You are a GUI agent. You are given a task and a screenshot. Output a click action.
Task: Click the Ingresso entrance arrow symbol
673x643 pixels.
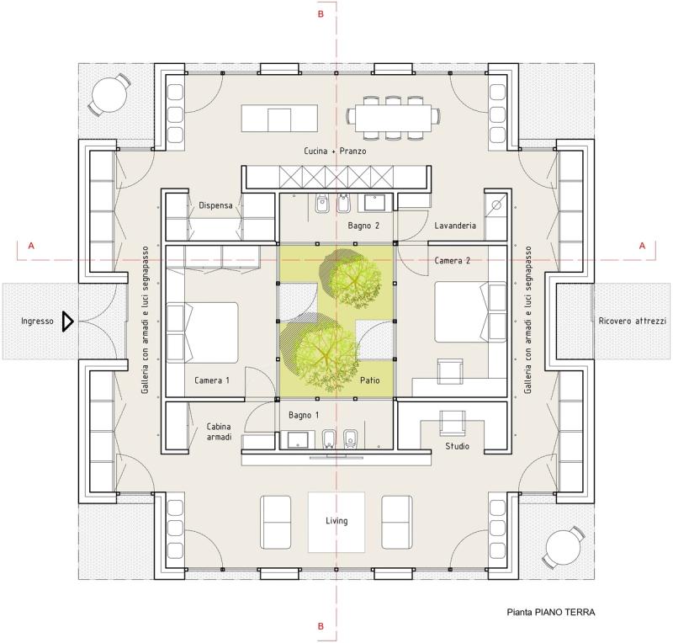coord(68,321)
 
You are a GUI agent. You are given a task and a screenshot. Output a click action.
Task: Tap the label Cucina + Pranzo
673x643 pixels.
coord(335,151)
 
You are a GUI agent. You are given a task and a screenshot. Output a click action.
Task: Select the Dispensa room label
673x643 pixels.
coord(215,205)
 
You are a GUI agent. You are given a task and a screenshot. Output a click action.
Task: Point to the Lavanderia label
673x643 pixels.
coord(455,226)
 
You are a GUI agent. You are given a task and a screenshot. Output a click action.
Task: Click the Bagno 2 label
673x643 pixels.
coord(363,226)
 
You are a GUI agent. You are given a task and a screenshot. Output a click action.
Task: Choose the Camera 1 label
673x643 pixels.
coord(212,380)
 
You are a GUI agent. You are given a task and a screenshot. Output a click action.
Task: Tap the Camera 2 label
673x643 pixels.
coord(452,261)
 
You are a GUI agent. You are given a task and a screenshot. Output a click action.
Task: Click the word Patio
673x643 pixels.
coord(370,380)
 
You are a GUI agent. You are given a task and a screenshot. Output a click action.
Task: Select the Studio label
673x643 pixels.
coord(457,446)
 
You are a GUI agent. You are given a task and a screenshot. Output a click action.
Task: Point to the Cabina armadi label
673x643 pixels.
coord(219,432)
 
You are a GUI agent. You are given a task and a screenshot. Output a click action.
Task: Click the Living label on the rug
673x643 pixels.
coord(336,521)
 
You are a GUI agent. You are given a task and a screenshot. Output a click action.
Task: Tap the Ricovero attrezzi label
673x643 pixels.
coord(633,321)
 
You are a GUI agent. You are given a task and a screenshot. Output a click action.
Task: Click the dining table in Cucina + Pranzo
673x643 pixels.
coord(393,118)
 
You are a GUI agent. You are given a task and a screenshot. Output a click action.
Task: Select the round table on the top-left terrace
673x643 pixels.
coord(109,95)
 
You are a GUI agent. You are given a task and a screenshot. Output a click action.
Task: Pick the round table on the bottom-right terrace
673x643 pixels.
coord(563,548)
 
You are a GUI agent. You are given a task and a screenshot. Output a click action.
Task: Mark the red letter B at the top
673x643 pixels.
coord(321,14)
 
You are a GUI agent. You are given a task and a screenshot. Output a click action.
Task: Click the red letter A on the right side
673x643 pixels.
coord(642,246)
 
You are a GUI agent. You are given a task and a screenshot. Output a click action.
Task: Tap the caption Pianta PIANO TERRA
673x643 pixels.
coord(551,613)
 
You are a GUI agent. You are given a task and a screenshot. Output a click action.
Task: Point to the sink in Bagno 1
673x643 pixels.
coord(298,440)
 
